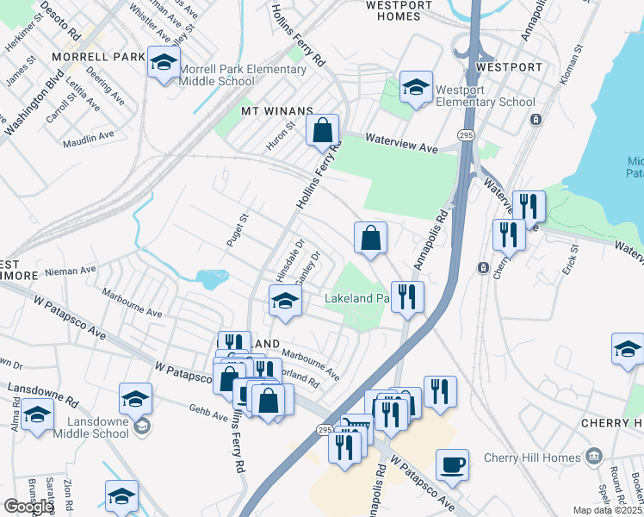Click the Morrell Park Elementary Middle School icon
(164, 63)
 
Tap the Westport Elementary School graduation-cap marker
(417, 87)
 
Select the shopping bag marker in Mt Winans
(322, 132)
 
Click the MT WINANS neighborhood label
(274, 111)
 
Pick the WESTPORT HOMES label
(399, 10)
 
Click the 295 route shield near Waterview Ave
(466, 135)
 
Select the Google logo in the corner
(28, 507)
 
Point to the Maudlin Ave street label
(89, 136)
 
